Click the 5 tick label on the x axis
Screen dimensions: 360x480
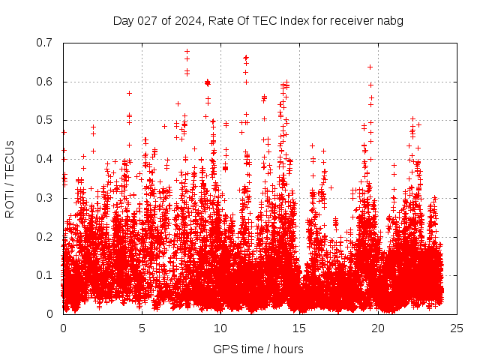click(142, 328)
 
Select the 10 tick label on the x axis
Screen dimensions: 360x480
click(220, 328)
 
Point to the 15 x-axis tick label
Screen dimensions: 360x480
click(299, 328)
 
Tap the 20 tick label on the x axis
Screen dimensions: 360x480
click(378, 328)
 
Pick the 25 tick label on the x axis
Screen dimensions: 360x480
click(457, 328)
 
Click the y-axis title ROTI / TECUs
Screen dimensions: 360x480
click(10, 178)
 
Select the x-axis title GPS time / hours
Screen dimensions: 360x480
click(258, 349)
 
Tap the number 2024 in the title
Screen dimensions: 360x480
click(187, 21)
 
